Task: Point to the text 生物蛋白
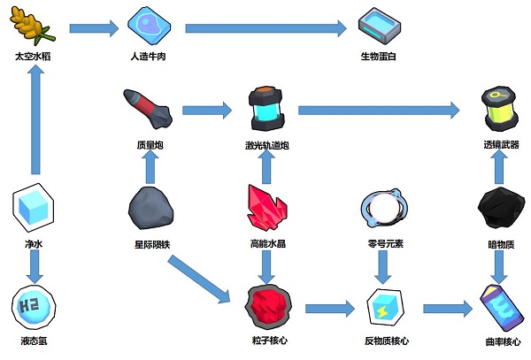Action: [x=382, y=57]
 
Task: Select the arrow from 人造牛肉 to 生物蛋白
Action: [x=265, y=28]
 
